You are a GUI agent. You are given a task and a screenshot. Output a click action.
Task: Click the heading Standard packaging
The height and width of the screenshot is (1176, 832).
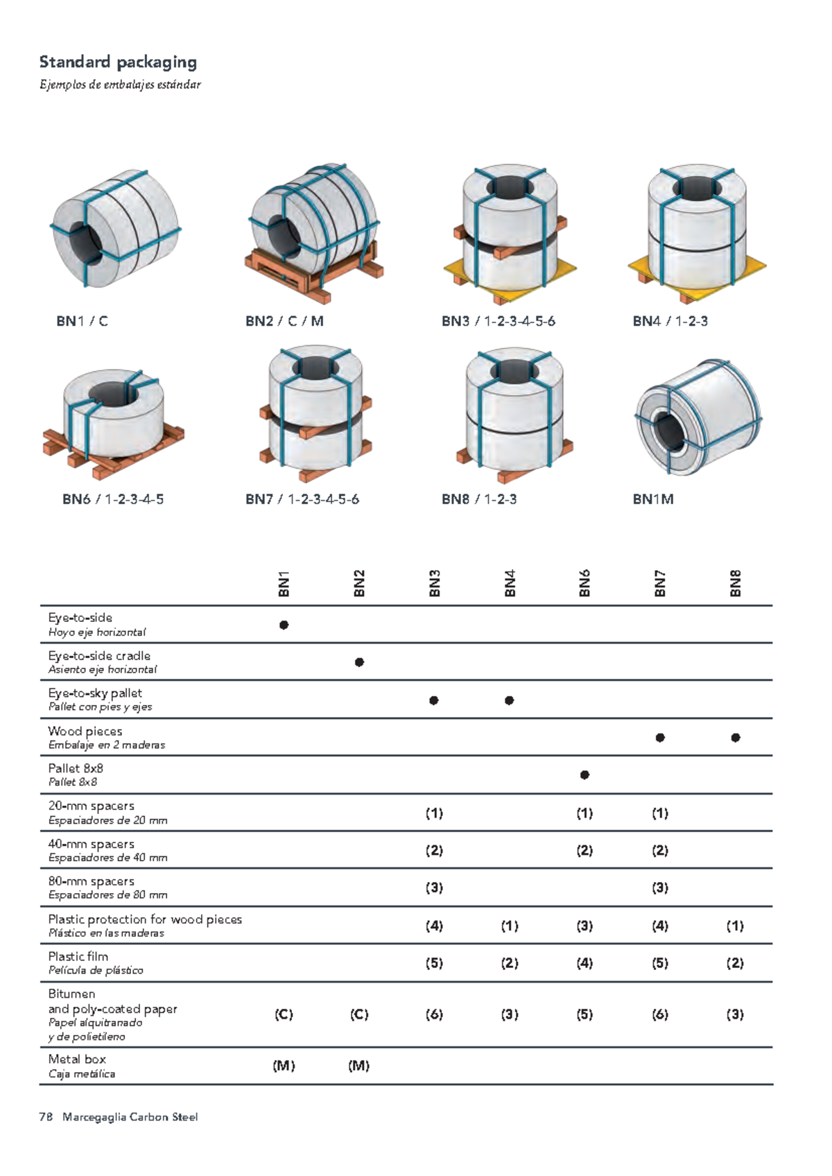coord(118,62)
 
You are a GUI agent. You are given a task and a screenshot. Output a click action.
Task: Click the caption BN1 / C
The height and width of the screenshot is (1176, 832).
coord(82,321)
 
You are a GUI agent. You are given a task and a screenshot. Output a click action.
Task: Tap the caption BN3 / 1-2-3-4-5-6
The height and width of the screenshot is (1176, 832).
coord(498,321)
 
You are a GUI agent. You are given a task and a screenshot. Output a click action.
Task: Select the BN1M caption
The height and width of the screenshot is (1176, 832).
coord(652,499)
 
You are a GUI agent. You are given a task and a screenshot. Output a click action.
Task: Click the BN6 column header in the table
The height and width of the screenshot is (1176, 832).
coord(584,583)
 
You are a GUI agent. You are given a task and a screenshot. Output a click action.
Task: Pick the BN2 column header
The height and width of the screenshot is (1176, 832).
coord(359,583)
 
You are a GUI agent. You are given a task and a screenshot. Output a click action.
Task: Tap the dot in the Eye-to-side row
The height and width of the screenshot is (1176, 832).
coord(284,625)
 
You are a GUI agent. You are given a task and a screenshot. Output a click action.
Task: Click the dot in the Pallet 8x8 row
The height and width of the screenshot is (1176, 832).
coord(584,775)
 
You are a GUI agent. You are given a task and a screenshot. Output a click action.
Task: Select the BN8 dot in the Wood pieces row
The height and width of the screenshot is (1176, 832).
coord(735,738)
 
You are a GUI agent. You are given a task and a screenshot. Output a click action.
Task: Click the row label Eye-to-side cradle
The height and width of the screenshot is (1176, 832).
coord(99,656)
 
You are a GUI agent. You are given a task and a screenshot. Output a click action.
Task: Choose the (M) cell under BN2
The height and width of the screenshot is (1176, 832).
coord(359,1066)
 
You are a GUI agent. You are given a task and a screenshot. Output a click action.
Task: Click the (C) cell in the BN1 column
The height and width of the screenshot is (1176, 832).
coord(284,1014)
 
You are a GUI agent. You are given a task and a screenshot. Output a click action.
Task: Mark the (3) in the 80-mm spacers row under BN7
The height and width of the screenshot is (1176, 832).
coord(660,888)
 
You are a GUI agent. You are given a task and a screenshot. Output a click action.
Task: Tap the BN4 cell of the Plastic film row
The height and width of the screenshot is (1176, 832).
coord(510,963)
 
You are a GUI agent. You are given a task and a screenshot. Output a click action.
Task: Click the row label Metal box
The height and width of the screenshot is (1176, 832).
coord(77,1060)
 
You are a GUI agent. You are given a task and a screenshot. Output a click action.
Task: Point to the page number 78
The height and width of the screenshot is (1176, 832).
coord(46,1117)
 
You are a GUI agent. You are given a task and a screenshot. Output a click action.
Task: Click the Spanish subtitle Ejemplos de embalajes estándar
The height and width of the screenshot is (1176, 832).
coord(120,85)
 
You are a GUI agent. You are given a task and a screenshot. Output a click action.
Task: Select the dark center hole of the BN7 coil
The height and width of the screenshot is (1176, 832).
coord(315,368)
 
